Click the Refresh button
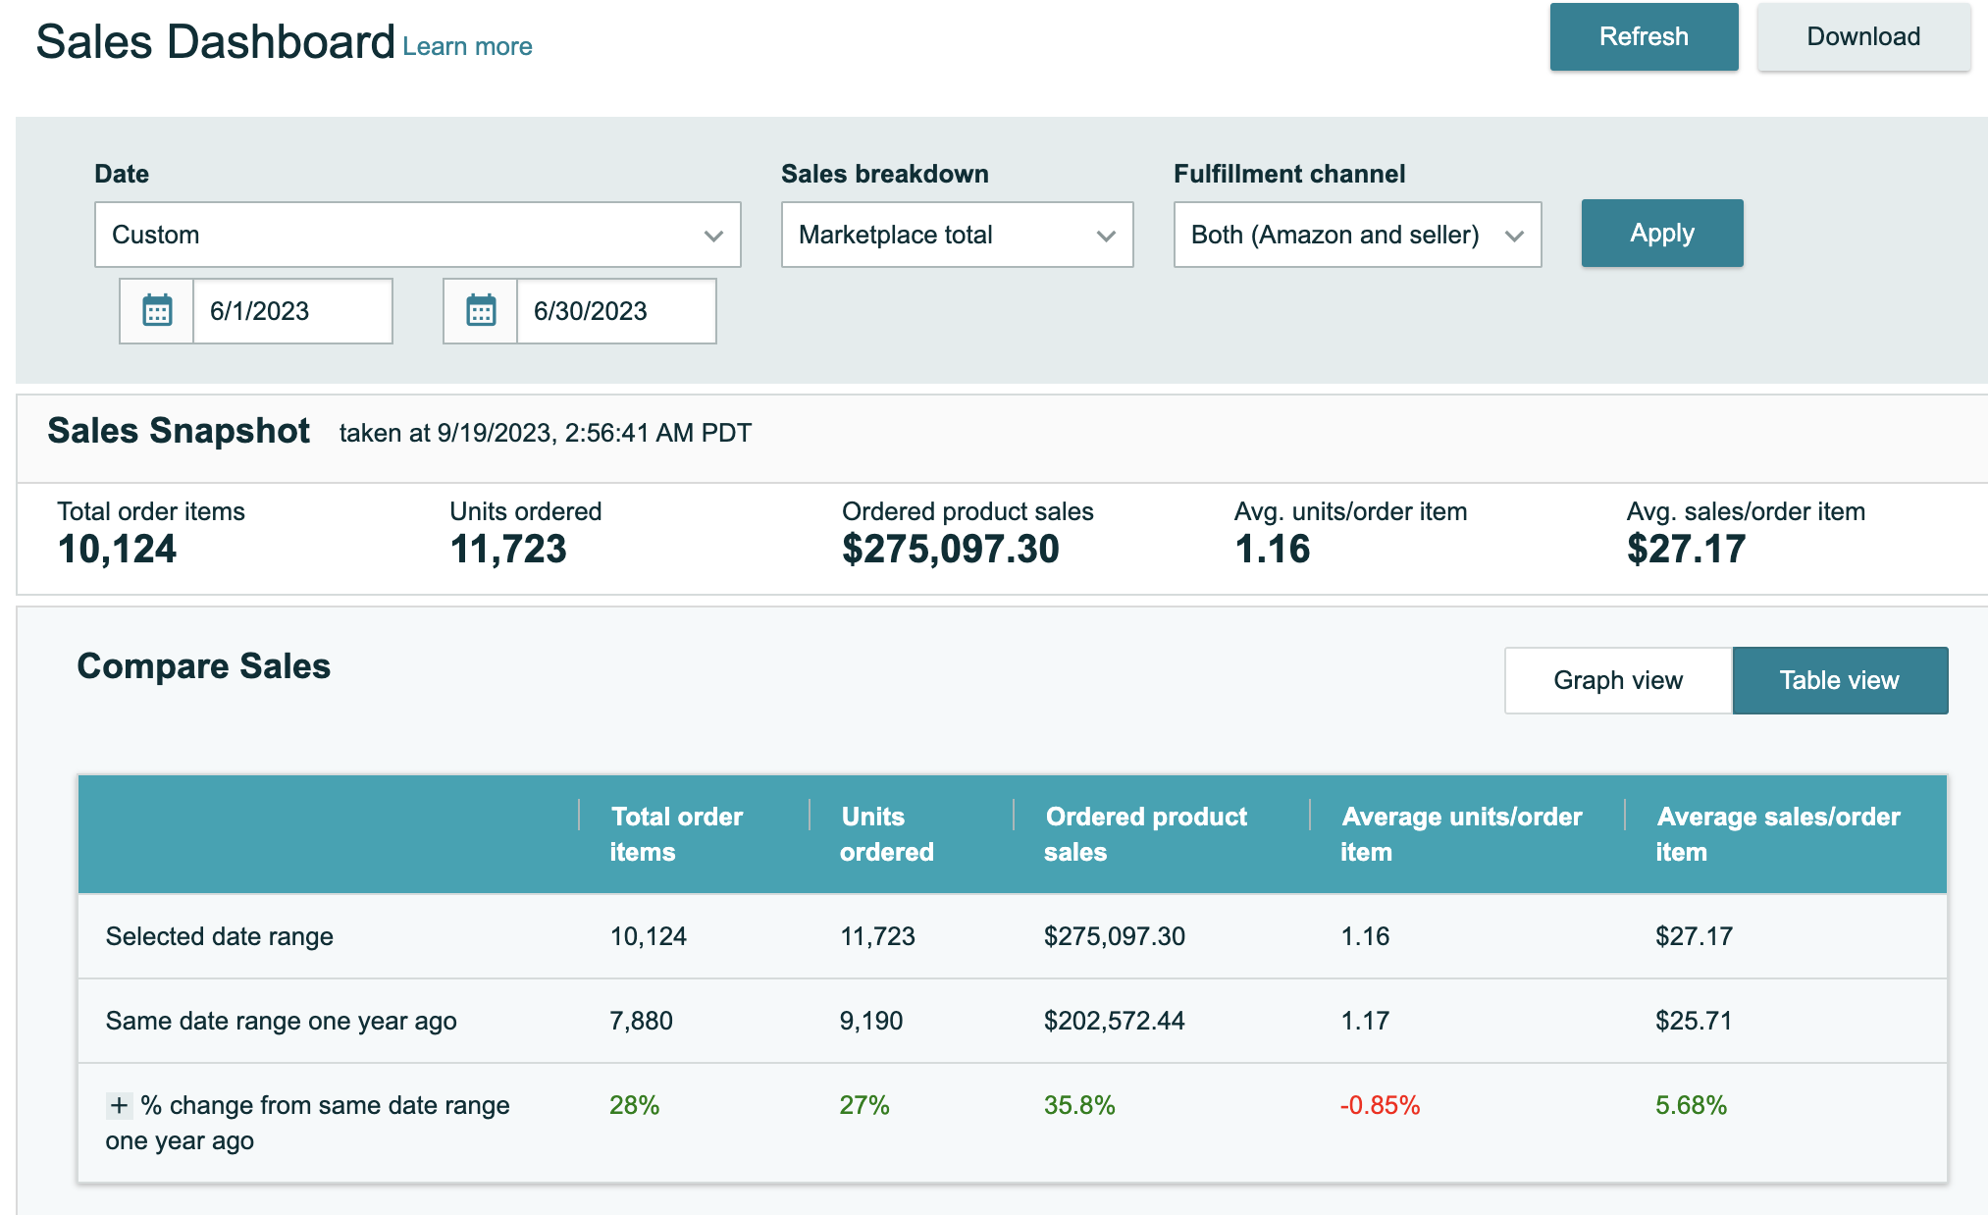click(1644, 37)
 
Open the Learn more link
click(467, 46)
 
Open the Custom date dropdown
click(417, 235)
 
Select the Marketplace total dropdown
click(957, 235)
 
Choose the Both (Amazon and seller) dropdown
click(1357, 235)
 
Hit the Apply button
click(1661, 234)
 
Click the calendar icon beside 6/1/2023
click(157, 311)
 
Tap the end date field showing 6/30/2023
click(615, 311)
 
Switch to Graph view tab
click(1618, 680)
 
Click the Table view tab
click(1839, 680)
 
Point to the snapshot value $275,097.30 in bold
click(950, 550)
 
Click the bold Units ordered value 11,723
click(508, 550)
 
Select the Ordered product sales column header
click(1145, 834)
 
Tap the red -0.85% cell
click(1380, 1105)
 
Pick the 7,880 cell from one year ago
click(641, 1021)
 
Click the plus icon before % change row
click(119, 1105)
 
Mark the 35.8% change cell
click(1079, 1105)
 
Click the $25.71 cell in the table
click(1693, 1021)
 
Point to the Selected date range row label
click(219, 936)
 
